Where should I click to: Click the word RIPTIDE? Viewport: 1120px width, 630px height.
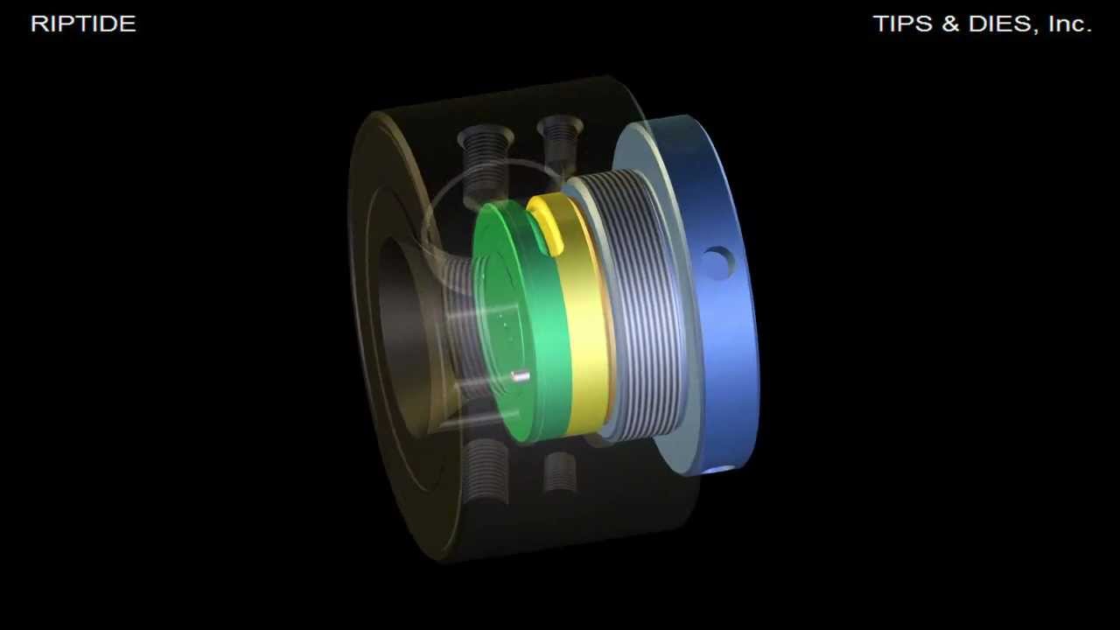(83, 24)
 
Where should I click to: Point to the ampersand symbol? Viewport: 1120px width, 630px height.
(950, 24)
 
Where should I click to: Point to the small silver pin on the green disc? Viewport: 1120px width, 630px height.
(521, 377)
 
